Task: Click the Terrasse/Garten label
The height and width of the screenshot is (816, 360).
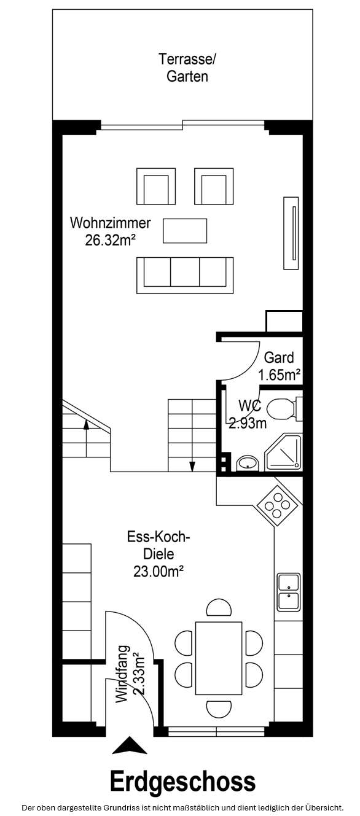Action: coord(187,68)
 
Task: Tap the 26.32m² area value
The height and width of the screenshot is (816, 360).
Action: coord(110,240)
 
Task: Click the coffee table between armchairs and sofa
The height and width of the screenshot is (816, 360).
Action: coord(184,230)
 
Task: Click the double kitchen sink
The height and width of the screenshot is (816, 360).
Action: coord(288,591)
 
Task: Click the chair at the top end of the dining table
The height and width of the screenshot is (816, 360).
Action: coord(219,608)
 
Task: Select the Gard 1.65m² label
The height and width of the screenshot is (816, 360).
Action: coord(279,366)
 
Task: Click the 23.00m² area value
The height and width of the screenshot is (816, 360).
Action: coord(159,571)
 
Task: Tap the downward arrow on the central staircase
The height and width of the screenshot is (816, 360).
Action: coord(192,464)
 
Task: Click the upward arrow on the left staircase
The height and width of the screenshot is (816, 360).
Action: coord(86,423)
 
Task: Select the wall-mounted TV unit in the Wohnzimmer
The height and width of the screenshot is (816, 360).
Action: coord(291,232)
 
